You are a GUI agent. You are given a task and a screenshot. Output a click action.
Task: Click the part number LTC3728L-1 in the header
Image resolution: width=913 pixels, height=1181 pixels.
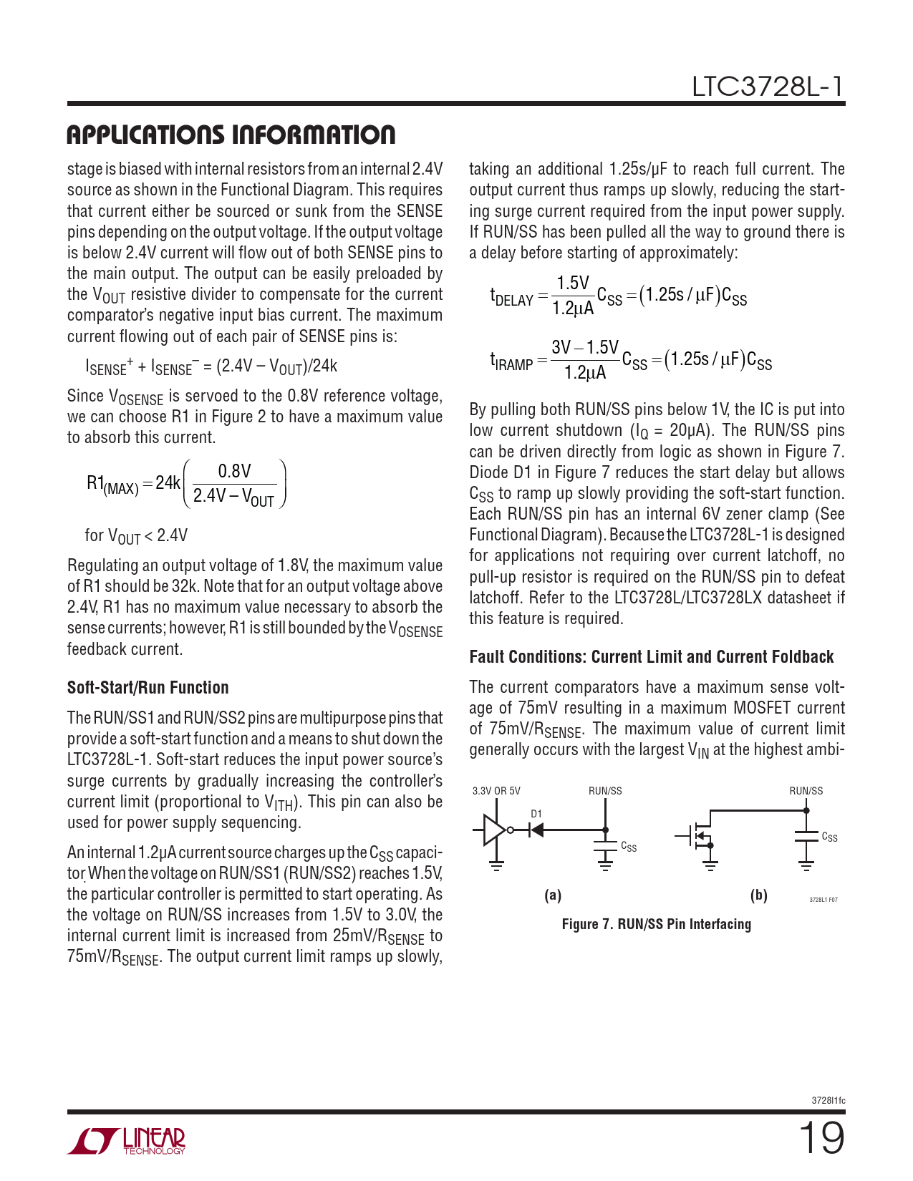(x=768, y=87)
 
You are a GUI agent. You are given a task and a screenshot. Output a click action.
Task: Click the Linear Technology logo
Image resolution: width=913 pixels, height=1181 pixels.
(x=127, y=1141)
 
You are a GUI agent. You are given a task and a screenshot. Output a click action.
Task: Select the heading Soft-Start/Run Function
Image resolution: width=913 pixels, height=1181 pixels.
(x=148, y=688)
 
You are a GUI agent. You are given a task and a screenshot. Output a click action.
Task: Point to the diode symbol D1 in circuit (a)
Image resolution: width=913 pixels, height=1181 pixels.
(x=535, y=830)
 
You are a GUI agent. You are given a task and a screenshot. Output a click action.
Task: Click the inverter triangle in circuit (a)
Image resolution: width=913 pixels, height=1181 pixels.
(x=493, y=830)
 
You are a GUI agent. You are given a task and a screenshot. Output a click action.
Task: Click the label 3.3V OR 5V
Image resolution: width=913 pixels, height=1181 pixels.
(x=496, y=791)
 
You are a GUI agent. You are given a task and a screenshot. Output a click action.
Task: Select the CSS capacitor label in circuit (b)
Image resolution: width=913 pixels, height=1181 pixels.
(x=829, y=837)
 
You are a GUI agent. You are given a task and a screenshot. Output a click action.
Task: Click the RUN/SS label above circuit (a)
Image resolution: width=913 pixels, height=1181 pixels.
(x=605, y=791)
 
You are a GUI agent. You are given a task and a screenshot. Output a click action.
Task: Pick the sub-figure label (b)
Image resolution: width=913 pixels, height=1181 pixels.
(x=758, y=895)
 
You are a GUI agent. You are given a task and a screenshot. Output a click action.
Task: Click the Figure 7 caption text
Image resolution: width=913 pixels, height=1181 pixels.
(x=656, y=924)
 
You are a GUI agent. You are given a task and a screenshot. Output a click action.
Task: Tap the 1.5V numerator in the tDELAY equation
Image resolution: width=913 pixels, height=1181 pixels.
(x=573, y=283)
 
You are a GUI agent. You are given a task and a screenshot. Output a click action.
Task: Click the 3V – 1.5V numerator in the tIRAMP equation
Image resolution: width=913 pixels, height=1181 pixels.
(x=585, y=348)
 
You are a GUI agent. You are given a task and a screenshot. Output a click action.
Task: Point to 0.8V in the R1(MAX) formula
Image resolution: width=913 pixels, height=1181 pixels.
(x=235, y=471)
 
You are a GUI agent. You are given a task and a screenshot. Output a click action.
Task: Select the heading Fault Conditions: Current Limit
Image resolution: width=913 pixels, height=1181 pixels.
(x=651, y=657)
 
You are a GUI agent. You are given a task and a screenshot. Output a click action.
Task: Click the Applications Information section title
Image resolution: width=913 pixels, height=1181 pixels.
(x=231, y=135)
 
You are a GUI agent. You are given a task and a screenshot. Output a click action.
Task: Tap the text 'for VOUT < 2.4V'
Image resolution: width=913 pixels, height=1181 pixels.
(x=136, y=535)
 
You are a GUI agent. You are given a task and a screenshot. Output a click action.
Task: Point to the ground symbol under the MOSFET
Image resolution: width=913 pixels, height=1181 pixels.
(x=710, y=867)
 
